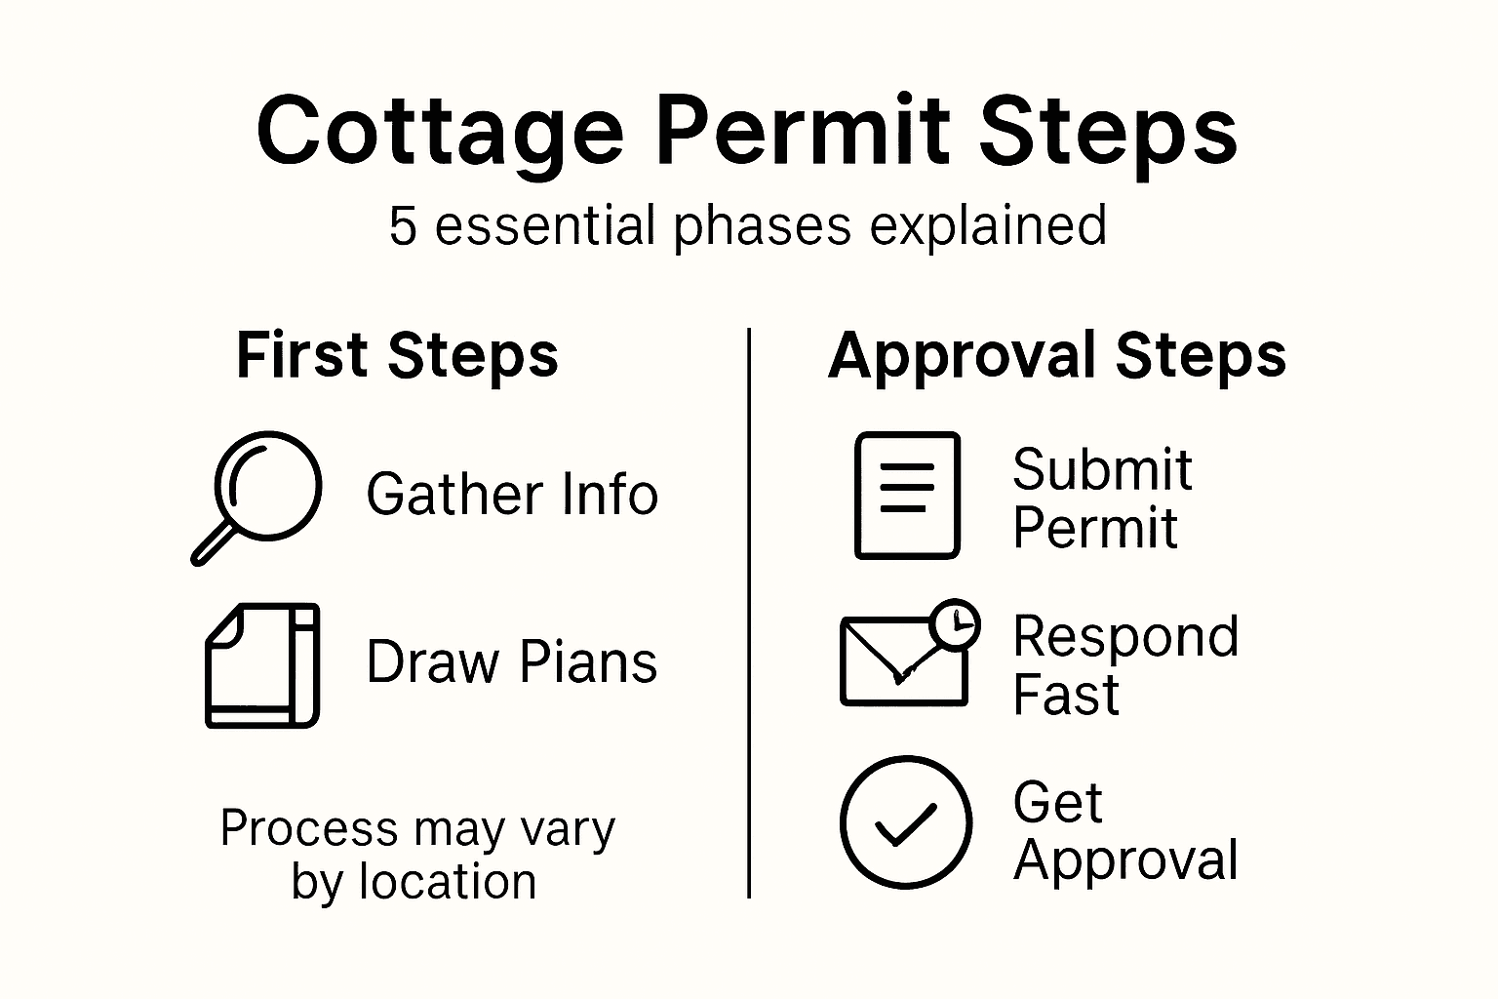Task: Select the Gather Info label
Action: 512,495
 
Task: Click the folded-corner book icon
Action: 261,665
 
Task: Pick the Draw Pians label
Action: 512,662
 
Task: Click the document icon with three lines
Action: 907,495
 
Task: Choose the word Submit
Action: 1102,470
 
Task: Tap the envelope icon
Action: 902,661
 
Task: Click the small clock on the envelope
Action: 956,623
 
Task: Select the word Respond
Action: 1125,637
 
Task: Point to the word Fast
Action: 1065,695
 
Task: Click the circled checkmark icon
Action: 905,821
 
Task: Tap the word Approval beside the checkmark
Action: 1125,860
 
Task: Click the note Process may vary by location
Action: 417,855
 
